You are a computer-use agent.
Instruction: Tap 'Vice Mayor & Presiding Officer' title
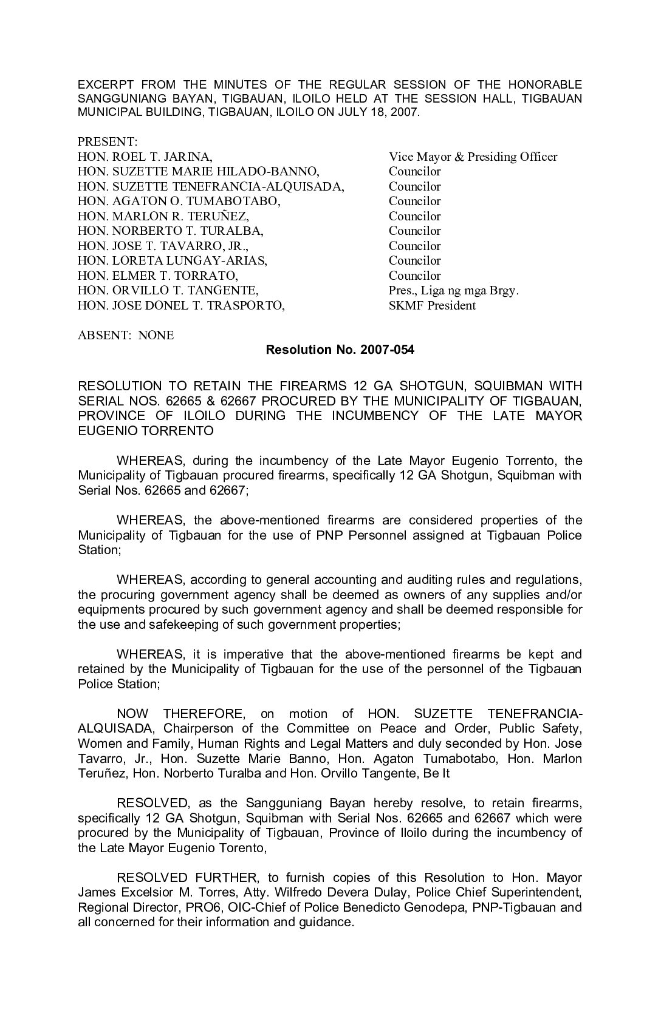(473, 157)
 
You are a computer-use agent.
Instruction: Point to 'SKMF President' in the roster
(432, 305)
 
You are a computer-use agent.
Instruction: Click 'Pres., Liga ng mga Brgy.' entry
(454, 291)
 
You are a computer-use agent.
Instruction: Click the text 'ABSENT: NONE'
(126, 335)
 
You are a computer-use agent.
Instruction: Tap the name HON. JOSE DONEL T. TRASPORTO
(181, 305)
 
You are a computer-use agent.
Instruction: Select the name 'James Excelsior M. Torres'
(149, 893)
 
